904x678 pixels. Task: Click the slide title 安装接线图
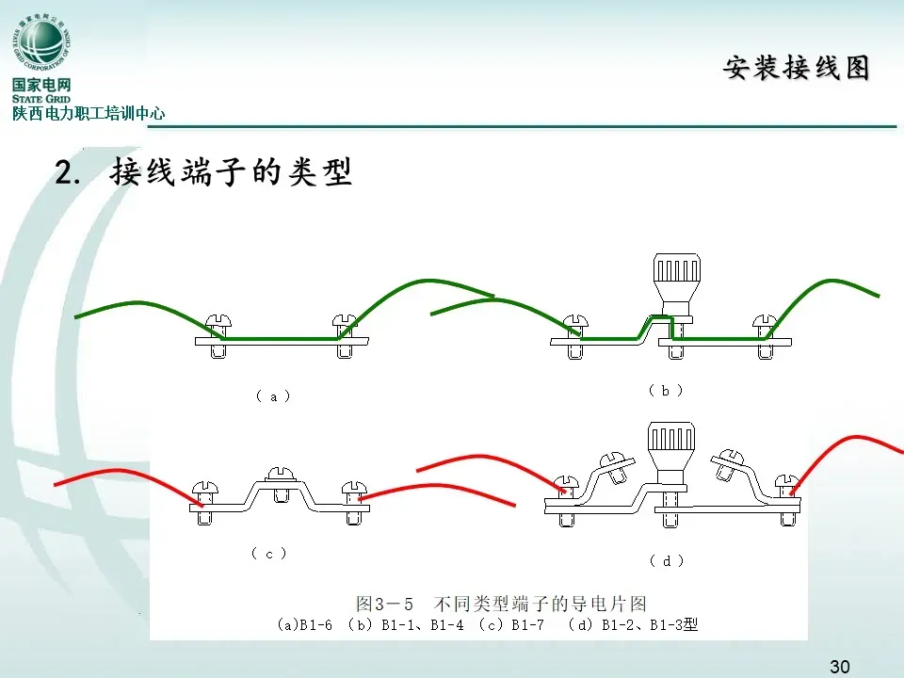[796, 68]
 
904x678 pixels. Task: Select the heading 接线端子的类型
[231, 173]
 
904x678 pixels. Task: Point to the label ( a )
[273, 396]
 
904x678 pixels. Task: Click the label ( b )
[665, 390]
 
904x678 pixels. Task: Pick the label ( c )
[268, 554]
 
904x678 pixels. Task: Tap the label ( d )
[667, 560]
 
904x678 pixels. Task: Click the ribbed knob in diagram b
[676, 278]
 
